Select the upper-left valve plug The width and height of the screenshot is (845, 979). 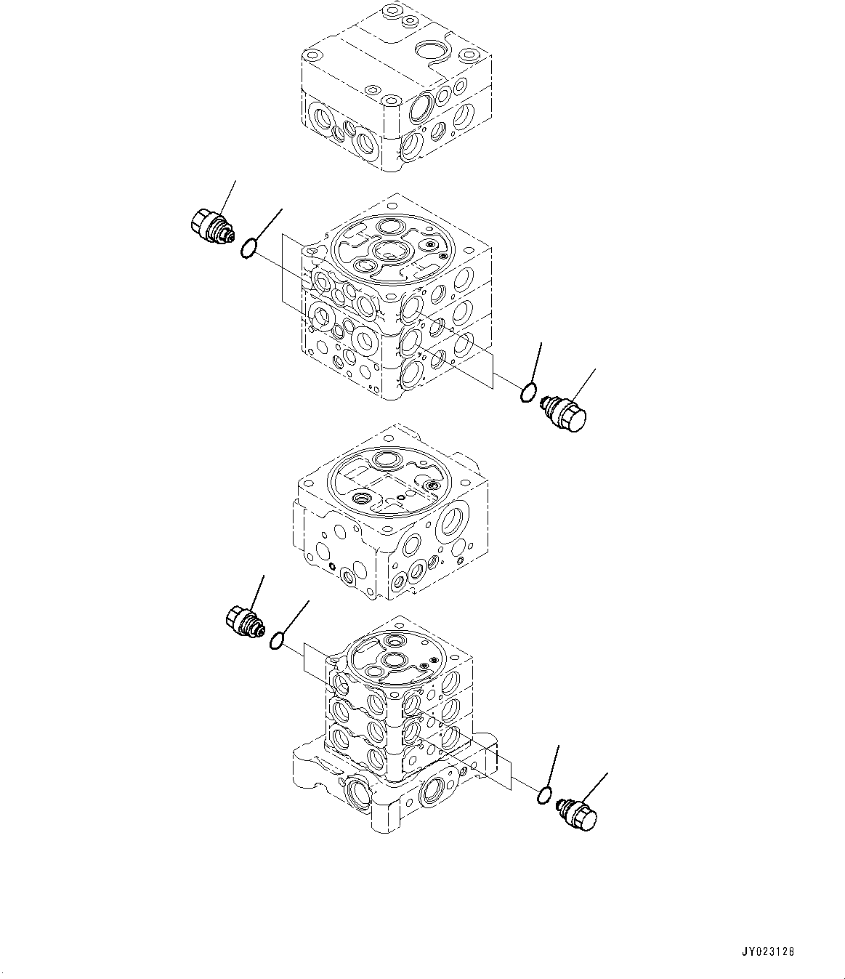click(x=209, y=225)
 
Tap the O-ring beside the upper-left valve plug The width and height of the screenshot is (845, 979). click(x=248, y=249)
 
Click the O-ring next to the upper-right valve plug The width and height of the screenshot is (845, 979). click(x=528, y=392)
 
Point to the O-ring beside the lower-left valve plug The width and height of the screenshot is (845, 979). click(x=277, y=640)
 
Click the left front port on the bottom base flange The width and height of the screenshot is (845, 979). click(x=360, y=790)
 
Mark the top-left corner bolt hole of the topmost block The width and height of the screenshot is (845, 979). click(x=313, y=55)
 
